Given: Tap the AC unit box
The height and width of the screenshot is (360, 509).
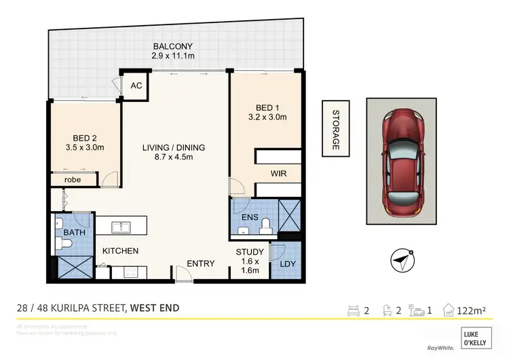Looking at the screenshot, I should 136,85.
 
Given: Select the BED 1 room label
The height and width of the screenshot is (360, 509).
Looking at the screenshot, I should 268,108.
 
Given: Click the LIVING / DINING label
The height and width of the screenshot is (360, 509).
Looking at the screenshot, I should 174,147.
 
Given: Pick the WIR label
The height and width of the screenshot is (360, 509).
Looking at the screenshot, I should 279,174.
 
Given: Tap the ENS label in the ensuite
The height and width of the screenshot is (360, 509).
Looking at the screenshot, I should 249,217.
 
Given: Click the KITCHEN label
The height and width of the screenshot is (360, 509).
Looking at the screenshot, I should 121,251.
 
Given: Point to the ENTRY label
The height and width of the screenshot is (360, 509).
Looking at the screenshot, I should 201,264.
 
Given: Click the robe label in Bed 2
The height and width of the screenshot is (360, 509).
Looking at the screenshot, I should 73,180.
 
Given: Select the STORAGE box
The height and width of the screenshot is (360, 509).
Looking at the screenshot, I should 335,128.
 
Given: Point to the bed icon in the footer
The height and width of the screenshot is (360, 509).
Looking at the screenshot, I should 354,311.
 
